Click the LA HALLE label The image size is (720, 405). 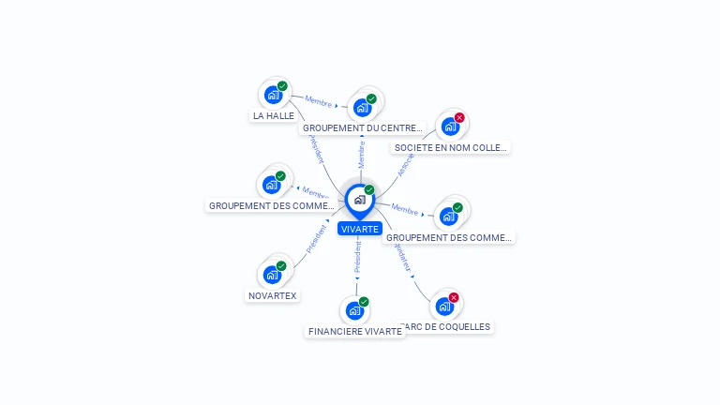pos(274,116)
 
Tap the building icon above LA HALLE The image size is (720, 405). pos(273,95)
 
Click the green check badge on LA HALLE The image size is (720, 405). pos(282,86)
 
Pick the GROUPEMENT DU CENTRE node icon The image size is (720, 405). pos(362,107)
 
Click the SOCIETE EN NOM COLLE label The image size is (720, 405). pos(451,147)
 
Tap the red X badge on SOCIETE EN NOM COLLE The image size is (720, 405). pos(459,118)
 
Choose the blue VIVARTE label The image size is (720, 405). pos(360,229)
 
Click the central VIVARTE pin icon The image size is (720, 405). pos(359,199)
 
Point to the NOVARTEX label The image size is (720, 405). pos(273,296)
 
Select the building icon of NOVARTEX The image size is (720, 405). pos(272,275)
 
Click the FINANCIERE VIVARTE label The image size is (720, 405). pos(355,331)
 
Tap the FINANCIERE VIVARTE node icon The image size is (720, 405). pos(354,310)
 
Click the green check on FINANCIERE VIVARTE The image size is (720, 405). pos(364,302)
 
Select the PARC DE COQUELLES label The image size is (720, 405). pos(445,326)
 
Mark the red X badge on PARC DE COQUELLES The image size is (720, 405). pos(454,298)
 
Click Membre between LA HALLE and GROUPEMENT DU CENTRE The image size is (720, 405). pos(319,100)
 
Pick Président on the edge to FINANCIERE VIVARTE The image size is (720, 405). pos(357,257)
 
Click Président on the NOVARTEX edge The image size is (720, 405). pos(316,240)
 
